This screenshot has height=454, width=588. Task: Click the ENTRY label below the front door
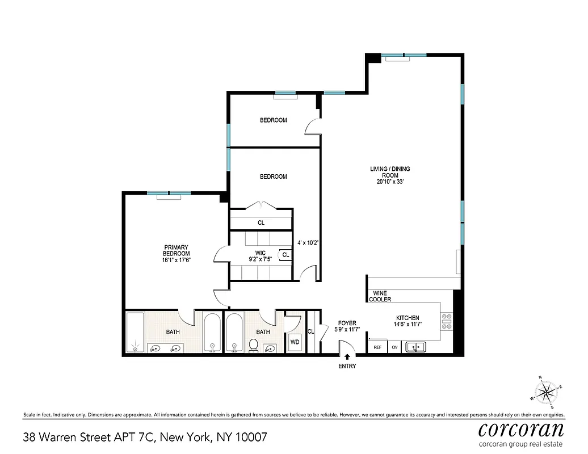[x=347, y=366]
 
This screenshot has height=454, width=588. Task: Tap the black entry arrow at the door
[x=347, y=356]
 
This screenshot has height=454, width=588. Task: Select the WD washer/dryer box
[x=295, y=342]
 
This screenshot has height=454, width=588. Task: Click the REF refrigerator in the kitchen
[x=377, y=347]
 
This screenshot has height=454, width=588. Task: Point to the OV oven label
[x=394, y=347]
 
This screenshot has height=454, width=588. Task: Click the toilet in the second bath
[x=254, y=345]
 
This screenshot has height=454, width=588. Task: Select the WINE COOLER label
[x=380, y=296]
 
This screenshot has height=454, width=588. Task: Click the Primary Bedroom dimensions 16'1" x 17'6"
[x=176, y=260]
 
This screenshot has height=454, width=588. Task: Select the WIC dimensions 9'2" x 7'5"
[x=260, y=259]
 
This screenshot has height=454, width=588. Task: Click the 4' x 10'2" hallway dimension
[x=308, y=242]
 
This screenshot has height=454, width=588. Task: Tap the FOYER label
[x=347, y=323]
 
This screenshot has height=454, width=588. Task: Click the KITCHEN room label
[x=408, y=318]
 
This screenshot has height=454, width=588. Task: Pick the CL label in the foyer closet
[x=310, y=331]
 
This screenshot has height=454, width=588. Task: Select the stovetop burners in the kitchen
[x=447, y=321]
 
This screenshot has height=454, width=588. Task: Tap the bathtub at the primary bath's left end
[x=135, y=333]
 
